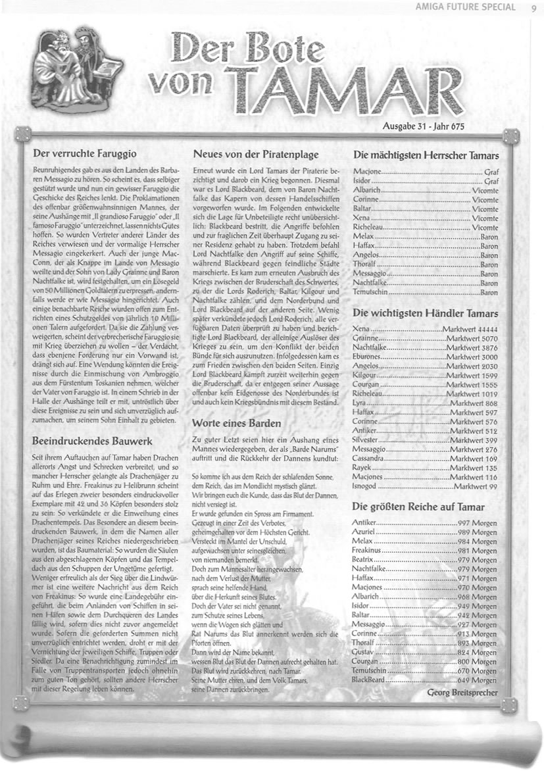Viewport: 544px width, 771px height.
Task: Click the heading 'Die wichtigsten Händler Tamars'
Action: click(x=425, y=313)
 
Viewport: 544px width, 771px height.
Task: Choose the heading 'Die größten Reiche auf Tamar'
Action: click(x=418, y=507)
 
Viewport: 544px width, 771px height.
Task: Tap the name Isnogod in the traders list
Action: click(x=367, y=486)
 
